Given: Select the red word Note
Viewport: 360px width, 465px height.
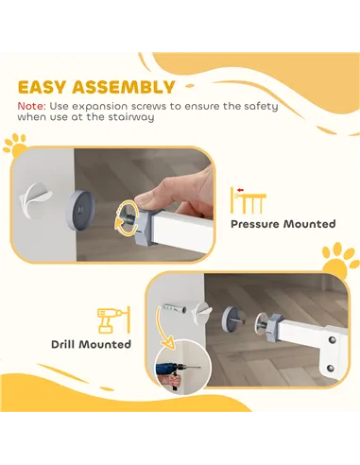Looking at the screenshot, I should (x=30, y=106).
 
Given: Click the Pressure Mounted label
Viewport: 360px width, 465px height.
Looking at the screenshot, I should (x=283, y=224).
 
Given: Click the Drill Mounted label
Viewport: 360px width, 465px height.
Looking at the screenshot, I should (x=91, y=344).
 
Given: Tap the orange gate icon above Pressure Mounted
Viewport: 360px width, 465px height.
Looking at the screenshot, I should (x=249, y=199).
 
